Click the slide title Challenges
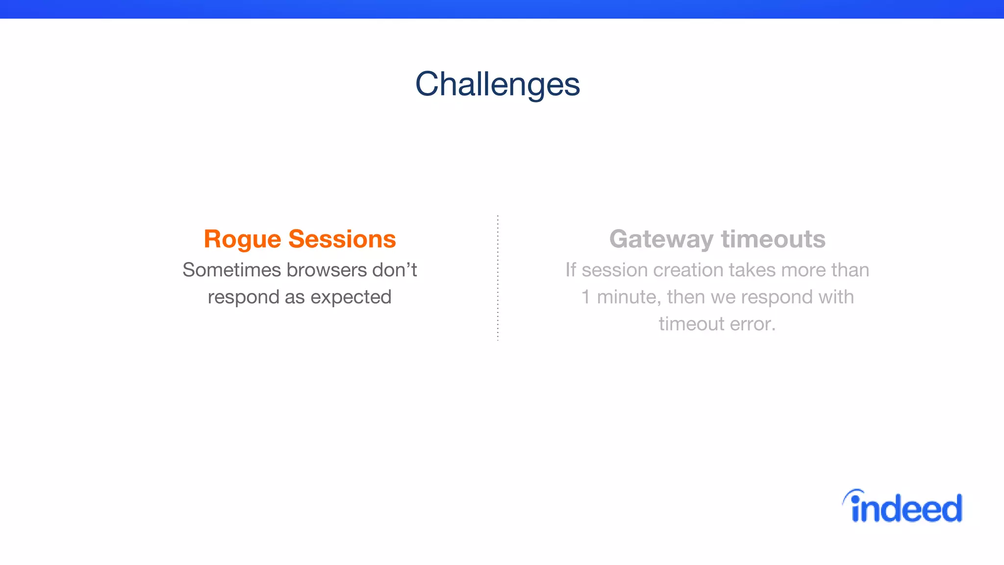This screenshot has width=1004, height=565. [497, 84]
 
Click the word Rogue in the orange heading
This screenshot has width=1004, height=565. [242, 239]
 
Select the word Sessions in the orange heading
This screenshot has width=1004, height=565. [342, 239]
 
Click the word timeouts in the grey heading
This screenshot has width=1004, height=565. [773, 239]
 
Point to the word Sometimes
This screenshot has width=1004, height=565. [231, 270]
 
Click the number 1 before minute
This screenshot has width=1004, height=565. [585, 297]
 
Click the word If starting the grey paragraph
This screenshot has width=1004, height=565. [571, 270]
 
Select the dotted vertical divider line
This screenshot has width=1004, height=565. [498, 278]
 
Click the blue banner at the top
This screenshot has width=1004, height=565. [502, 9]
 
